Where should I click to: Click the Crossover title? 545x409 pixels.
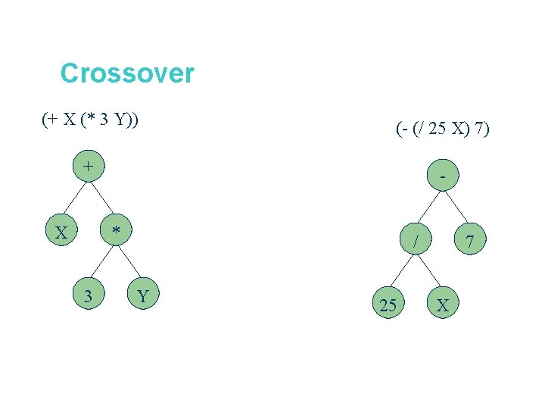127,73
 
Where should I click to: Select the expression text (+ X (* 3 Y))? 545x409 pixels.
90,120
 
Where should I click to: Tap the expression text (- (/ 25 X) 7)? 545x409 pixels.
443,130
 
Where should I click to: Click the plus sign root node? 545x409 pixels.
89,166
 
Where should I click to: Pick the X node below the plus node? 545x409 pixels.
61,231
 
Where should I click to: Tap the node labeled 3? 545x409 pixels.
89,296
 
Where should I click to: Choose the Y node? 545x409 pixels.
143,296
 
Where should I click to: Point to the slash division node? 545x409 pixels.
416,242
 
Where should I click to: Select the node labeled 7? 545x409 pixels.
470,242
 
